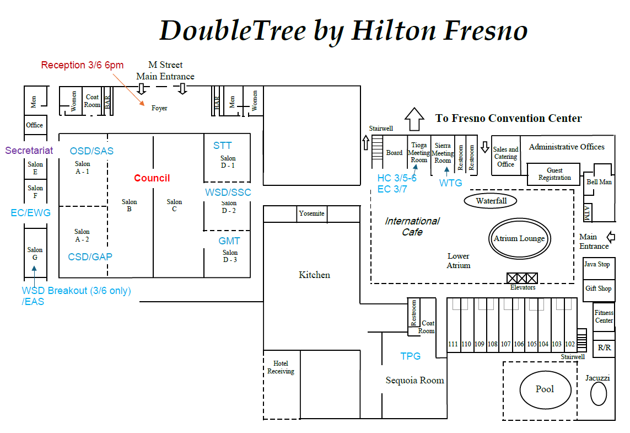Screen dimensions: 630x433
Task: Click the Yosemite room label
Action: point(311,213)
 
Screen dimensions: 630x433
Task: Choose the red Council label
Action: point(152,178)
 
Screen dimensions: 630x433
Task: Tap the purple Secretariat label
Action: point(29,151)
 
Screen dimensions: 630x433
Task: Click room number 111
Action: point(453,344)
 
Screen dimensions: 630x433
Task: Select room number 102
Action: point(570,344)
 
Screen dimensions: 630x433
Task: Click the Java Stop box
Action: point(599,268)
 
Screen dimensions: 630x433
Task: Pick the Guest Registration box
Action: point(553,174)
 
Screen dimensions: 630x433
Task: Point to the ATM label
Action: point(588,213)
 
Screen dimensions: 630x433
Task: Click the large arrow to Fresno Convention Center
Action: point(414,119)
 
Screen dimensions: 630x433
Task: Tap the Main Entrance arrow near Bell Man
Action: point(611,237)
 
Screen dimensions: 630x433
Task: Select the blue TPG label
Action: point(410,356)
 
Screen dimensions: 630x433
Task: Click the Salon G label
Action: point(35,254)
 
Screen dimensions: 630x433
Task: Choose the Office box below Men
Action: point(35,125)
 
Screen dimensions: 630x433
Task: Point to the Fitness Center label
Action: point(604,317)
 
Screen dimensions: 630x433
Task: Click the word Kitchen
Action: point(314,275)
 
